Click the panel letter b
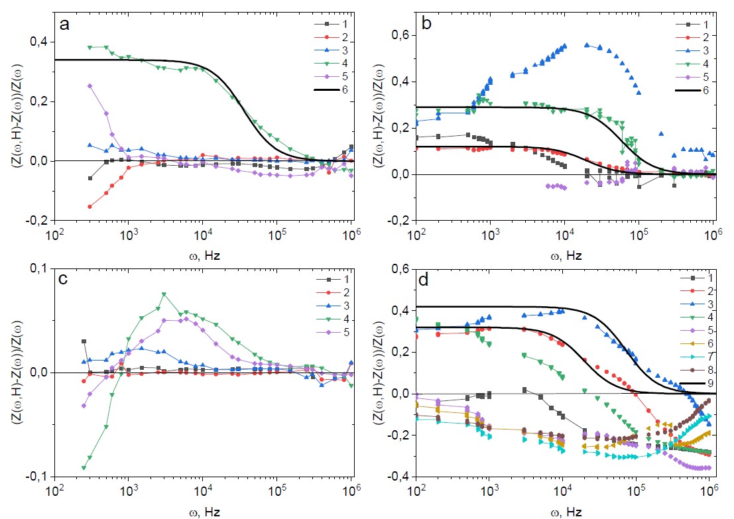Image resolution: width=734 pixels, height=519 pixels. pos(427,25)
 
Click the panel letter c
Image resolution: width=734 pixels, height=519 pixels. pos(64,279)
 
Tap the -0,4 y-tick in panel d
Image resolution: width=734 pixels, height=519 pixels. pos(397,477)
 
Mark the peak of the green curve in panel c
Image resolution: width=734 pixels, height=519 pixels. pos(164,295)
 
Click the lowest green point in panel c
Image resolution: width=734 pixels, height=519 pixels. pos(84,467)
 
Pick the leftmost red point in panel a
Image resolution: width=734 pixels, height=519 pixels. pos(90,206)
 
